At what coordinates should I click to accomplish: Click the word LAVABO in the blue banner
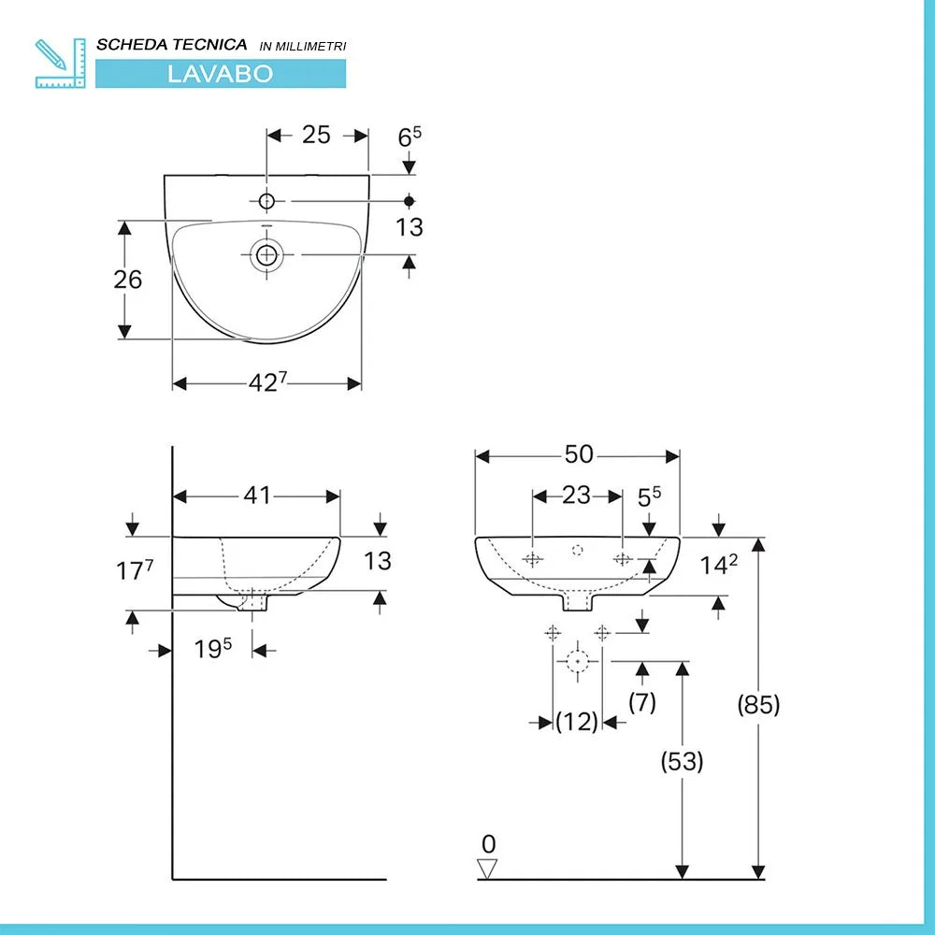point(220,74)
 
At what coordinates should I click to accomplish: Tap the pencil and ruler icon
point(59,63)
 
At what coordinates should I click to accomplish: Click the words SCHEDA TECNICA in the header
point(172,45)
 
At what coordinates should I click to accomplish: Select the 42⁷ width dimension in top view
point(266,382)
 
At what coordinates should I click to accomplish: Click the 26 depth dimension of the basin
point(128,279)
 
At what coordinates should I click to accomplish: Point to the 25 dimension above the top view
point(316,135)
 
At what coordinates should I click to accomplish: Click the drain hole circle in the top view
point(266,253)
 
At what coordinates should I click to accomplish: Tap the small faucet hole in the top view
point(266,201)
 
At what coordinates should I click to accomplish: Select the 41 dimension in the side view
point(257,496)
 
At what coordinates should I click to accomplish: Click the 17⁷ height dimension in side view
point(135,570)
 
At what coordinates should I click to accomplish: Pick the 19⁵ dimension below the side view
point(212,649)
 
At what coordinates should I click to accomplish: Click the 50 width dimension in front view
point(579,454)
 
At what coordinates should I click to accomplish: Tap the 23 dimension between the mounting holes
point(577,495)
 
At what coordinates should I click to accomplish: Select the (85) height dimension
point(757,704)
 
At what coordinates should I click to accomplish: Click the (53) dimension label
point(682,761)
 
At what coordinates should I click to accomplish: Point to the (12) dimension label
point(577,722)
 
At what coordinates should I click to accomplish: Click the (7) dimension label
point(641,702)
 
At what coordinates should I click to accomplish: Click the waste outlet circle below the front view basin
point(579,660)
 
